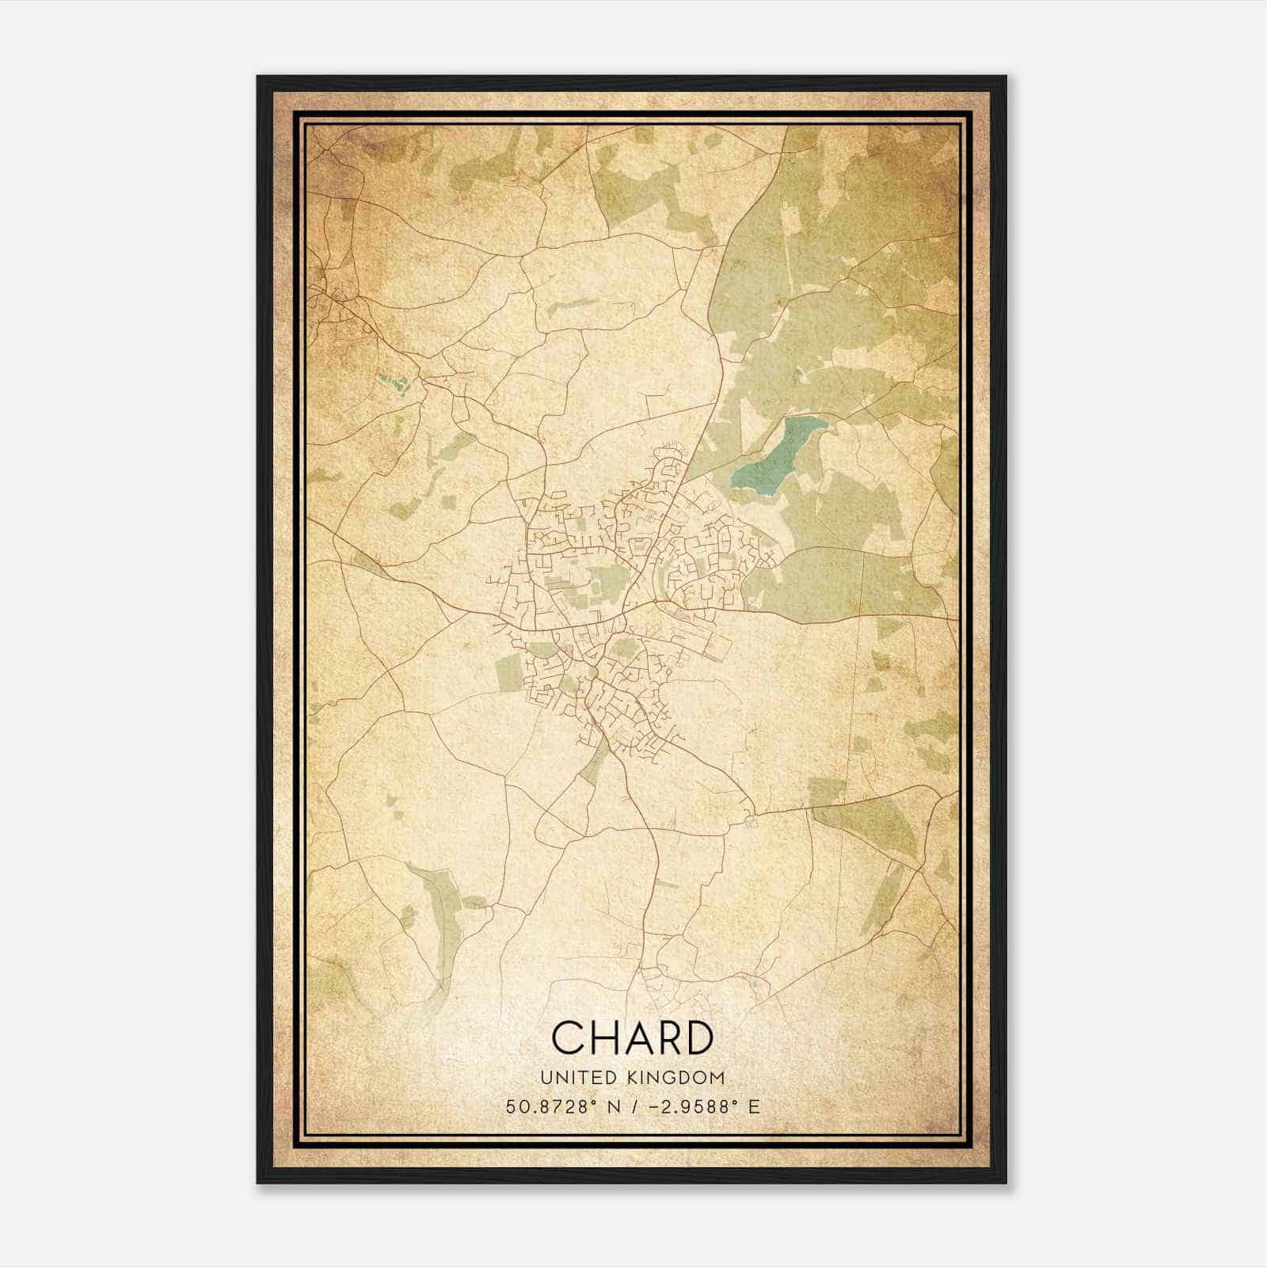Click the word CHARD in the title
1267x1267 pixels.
[x=632, y=1037]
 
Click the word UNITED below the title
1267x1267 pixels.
[x=573, y=1078]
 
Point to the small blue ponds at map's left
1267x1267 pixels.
[x=394, y=385]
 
